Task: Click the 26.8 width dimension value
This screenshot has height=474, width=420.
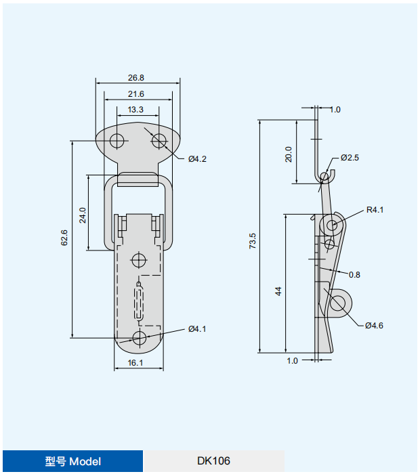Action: pyautogui.click(x=135, y=78)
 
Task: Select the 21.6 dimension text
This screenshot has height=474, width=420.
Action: pyautogui.click(x=135, y=94)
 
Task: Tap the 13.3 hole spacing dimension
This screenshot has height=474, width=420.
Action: pyautogui.click(x=135, y=110)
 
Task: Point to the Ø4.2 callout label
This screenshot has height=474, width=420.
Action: pyautogui.click(x=197, y=159)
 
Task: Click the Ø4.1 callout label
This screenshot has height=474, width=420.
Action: pyautogui.click(x=197, y=329)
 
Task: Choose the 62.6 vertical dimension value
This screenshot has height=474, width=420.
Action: pyautogui.click(x=64, y=238)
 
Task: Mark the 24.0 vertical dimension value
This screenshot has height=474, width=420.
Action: pyautogui.click(x=83, y=215)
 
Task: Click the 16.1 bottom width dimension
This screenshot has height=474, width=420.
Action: pyautogui.click(x=135, y=363)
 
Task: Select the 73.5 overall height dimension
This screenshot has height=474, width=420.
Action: pyautogui.click(x=253, y=241)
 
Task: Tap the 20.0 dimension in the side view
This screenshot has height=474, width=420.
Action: pyautogui.click(x=289, y=154)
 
